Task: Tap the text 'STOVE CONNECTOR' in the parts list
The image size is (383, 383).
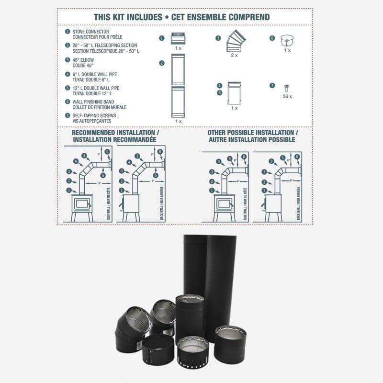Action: tap(91, 32)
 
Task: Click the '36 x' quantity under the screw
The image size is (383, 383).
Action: tap(287, 96)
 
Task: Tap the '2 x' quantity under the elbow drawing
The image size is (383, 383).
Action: tap(234, 56)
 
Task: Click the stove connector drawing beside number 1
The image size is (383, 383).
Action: tap(178, 38)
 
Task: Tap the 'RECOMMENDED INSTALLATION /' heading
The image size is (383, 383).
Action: tap(115, 132)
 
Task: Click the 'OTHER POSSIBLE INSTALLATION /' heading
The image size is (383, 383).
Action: tap(253, 132)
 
